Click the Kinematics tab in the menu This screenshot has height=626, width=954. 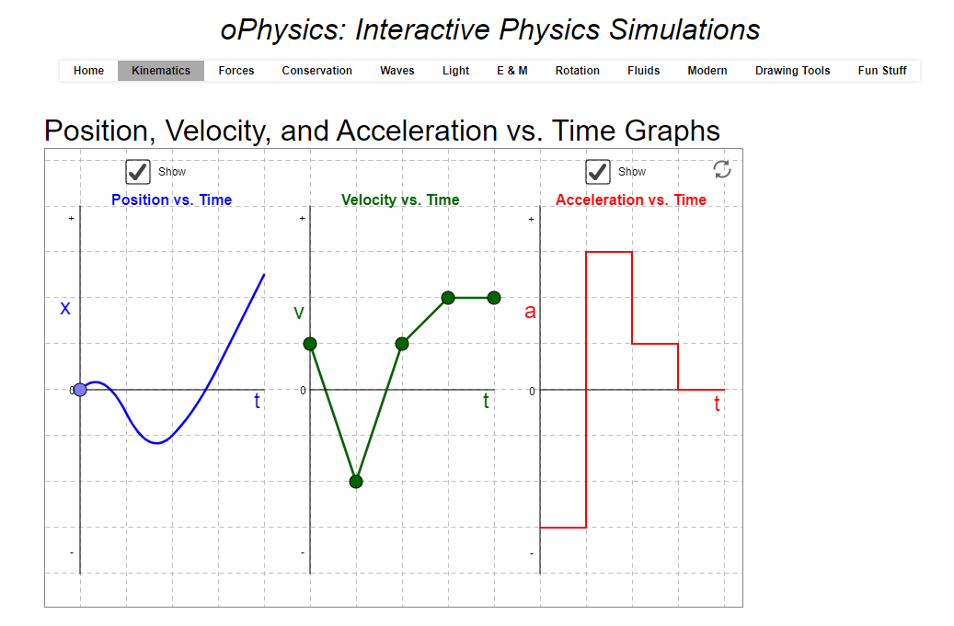coord(161,71)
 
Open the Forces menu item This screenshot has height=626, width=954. coord(236,71)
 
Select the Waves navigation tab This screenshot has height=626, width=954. coord(397,71)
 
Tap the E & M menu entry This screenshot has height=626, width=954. coord(512,71)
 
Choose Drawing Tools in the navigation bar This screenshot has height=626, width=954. coord(792,71)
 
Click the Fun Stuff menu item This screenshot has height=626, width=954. coord(882,71)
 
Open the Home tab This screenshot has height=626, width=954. coord(88,71)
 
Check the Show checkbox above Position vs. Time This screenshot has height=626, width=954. coord(138,172)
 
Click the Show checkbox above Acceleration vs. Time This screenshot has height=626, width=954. coord(598,172)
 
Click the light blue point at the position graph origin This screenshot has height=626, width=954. coord(80,390)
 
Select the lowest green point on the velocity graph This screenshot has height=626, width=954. coord(356,481)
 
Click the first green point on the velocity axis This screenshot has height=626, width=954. coord(310,344)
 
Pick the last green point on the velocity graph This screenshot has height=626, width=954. coord(494,297)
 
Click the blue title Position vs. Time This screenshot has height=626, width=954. coord(171,199)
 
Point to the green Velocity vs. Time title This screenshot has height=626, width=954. coord(400,199)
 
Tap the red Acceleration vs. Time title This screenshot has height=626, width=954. coord(631,199)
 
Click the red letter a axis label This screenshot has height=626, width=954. coord(530,312)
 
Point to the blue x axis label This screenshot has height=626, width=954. coord(65,308)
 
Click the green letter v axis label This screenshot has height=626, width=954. coord(299,313)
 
